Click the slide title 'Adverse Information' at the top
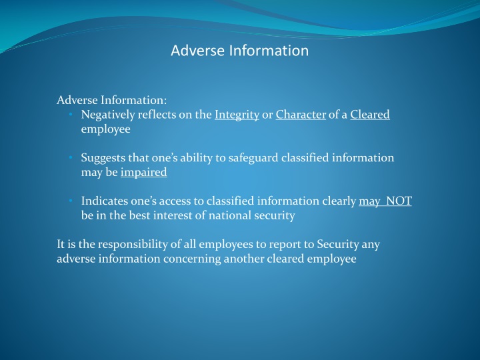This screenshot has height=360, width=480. [x=239, y=51]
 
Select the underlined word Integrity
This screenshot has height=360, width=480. [x=237, y=115]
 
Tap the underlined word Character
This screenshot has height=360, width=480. [x=300, y=115]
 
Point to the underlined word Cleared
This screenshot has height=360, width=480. [x=369, y=115]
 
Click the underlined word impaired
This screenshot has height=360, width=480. [x=143, y=173]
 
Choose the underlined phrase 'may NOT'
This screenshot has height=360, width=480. [x=385, y=201]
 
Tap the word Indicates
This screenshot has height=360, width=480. [x=104, y=201]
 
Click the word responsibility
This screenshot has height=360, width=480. [x=131, y=244]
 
